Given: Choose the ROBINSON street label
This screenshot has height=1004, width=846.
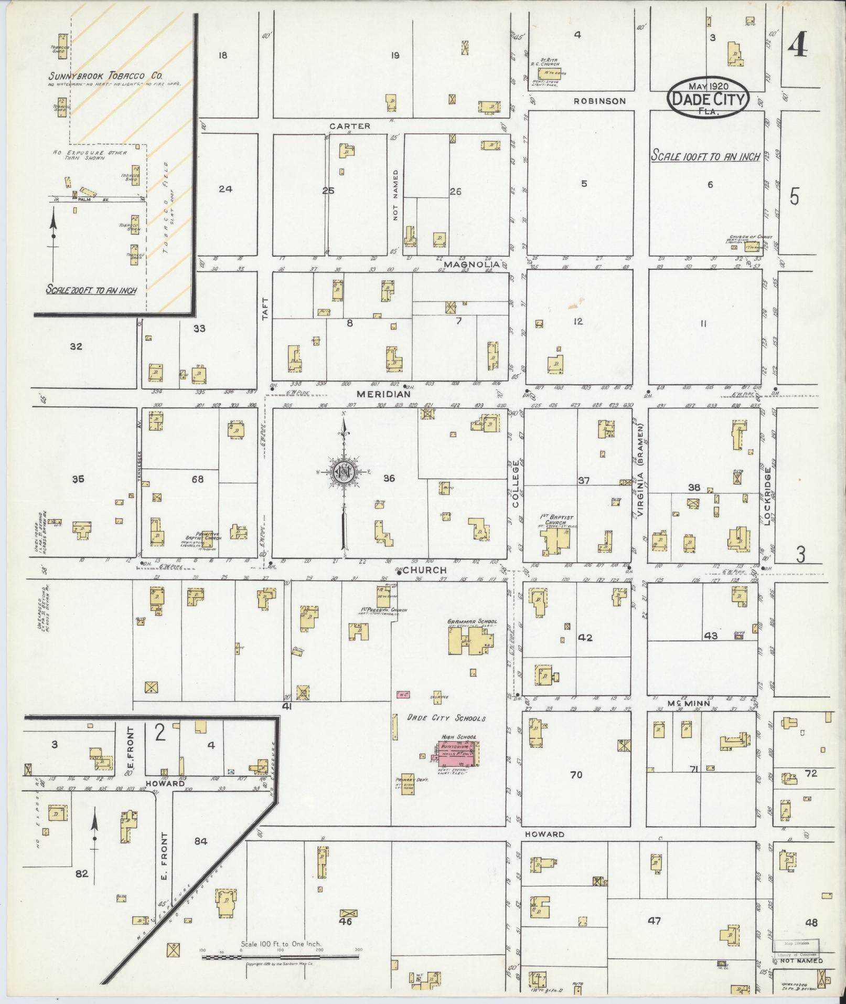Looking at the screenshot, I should point(599,101).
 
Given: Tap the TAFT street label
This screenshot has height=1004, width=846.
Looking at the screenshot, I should point(265,309).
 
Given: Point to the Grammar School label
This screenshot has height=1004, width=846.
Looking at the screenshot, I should point(472,621).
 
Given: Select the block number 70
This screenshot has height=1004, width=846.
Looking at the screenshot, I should point(576,774).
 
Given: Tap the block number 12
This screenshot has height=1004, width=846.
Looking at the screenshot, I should point(577,321).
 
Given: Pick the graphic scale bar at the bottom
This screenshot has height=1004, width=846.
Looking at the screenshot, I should point(281,957).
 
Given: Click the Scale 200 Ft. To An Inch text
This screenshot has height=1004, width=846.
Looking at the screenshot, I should point(91,289).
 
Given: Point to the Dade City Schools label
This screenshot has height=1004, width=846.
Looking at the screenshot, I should point(446,718).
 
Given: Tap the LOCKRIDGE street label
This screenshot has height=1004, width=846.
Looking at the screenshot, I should point(768,496).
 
